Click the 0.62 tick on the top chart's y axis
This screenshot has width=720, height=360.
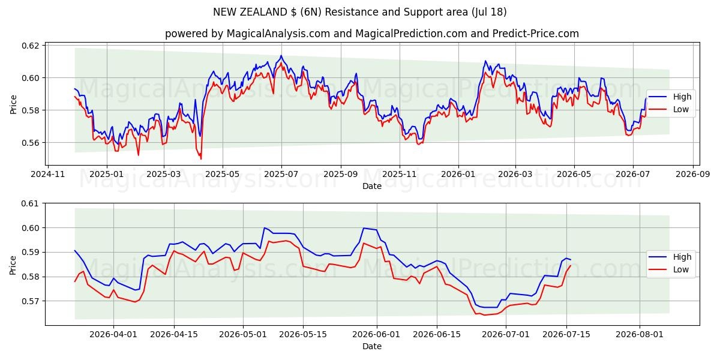pyautogui.click(x=30, y=46)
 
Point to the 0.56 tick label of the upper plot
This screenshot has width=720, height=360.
pyautogui.click(x=30, y=143)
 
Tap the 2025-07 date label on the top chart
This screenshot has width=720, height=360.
pyautogui.click(x=281, y=174)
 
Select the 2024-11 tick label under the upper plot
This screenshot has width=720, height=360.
pyautogui.click(x=48, y=174)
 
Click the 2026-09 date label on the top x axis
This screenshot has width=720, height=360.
pyautogui.click(x=692, y=174)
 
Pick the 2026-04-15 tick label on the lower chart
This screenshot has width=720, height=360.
pyautogui.click(x=174, y=334)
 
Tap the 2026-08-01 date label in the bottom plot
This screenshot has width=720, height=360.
pyautogui.click(x=640, y=334)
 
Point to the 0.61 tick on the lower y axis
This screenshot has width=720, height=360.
pyautogui.click(x=29, y=203)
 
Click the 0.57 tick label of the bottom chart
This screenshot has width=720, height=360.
pyautogui.click(x=29, y=301)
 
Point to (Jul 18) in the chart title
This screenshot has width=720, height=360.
pyautogui.click(x=489, y=12)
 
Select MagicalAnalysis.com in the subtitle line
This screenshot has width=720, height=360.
pyautogui.click(x=278, y=34)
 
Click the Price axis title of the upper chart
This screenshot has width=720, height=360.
pyautogui.click(x=13, y=104)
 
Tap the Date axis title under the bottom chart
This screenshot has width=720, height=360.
pyautogui.click(x=372, y=346)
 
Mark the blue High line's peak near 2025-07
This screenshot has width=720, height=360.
pyautogui.click(x=281, y=56)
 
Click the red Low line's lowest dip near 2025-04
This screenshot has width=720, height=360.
pyautogui.click(x=201, y=159)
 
